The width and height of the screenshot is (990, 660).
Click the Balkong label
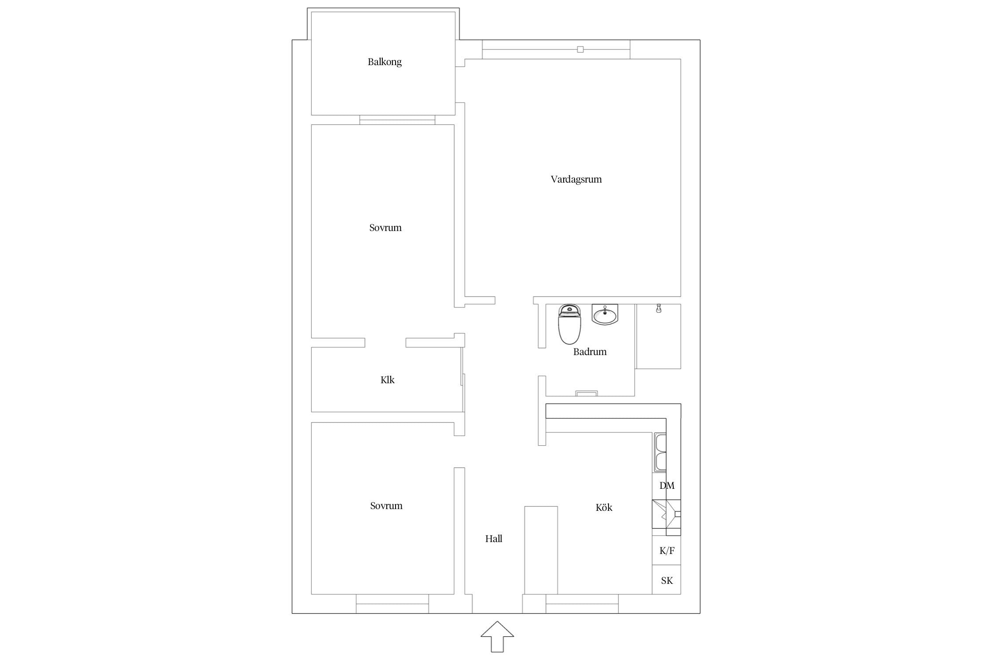[385, 62]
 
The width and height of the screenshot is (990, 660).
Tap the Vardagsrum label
[576, 179]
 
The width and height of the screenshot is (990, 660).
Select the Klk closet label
[387, 380]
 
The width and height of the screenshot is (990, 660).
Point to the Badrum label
[590, 352]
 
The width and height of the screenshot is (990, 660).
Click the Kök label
[604, 507]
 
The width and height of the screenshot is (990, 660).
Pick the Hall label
[494, 539]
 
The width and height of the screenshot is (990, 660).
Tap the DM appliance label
[667, 485]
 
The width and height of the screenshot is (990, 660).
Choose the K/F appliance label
[667, 550]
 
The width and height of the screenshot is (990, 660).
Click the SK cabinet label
[667, 580]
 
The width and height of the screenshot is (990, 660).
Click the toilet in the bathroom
[569, 324]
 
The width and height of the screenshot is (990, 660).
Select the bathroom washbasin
[605, 315]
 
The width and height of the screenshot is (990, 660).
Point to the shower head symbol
[658, 308]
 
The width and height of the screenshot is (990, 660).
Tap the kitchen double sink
[660, 452]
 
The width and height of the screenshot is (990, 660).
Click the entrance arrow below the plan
[497, 636]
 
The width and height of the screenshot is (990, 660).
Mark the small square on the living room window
[580, 49]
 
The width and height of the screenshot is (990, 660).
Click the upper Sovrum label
[385, 227]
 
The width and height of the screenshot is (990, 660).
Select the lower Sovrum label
[386, 506]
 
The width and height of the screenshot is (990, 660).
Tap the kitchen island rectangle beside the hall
[541, 550]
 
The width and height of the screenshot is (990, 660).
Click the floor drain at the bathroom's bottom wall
[587, 393]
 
